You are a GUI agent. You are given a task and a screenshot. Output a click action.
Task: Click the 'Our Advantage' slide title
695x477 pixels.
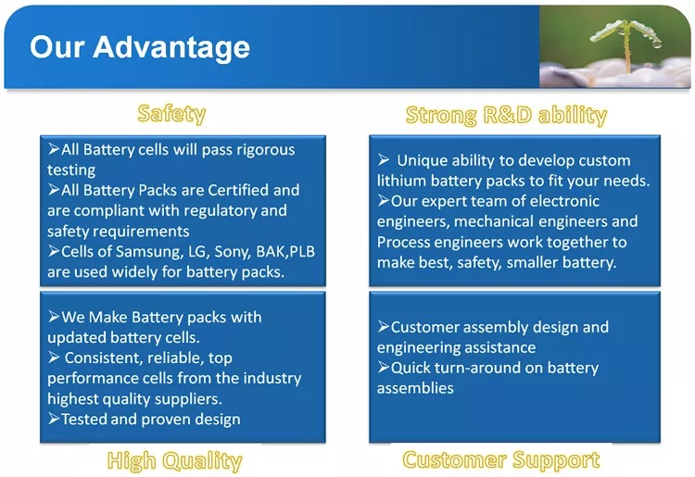(x=140, y=47)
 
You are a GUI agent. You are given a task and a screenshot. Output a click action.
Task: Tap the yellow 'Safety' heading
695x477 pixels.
(x=171, y=114)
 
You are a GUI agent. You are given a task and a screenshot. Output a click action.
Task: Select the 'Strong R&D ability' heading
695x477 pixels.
(x=506, y=115)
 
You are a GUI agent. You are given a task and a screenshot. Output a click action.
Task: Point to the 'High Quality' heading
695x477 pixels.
(x=174, y=460)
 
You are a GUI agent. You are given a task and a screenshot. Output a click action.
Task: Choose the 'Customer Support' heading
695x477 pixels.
(x=501, y=459)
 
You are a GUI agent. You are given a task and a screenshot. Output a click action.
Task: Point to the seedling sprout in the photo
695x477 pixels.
(x=626, y=41)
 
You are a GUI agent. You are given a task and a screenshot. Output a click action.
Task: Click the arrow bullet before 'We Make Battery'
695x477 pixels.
(x=54, y=317)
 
